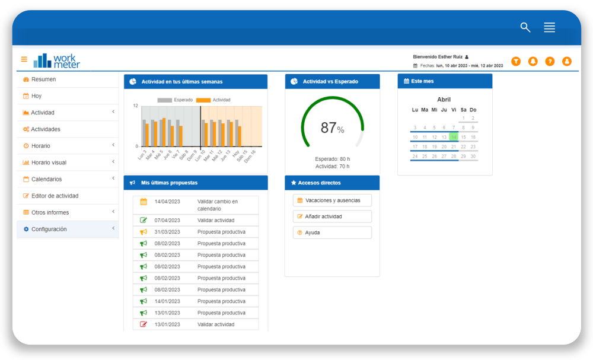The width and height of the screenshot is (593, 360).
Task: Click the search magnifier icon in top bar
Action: [525, 27]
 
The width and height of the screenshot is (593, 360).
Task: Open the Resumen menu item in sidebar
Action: [43, 79]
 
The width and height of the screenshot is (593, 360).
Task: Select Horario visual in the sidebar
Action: [49, 163]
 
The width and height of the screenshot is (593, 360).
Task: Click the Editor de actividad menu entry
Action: [55, 196]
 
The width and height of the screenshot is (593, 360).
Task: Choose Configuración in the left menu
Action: [49, 229]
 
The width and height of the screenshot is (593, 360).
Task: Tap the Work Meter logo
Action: [57, 60]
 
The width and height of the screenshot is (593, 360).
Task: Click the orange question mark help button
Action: [550, 61]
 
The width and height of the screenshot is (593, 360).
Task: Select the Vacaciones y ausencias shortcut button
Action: [332, 200]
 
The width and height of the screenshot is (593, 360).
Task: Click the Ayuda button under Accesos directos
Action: [332, 232]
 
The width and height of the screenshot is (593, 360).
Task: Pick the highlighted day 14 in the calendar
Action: [454, 137]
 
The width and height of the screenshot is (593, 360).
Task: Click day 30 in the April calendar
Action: [473, 157]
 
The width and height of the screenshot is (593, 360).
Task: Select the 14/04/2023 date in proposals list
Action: [167, 202]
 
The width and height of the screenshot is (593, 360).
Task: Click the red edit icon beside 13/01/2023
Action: [144, 324]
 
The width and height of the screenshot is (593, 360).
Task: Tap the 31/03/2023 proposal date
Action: [167, 232]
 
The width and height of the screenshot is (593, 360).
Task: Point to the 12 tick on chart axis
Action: [135, 106]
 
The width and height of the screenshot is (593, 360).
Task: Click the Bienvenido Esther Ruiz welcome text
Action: [438, 57]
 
